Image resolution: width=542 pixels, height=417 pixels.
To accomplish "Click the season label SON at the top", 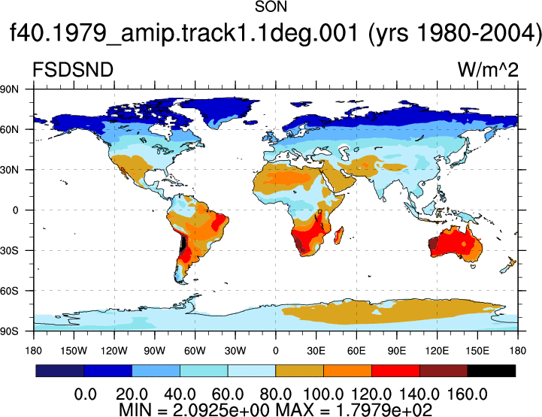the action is coord(271,7).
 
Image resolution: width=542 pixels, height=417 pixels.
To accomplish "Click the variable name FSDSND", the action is coord(73,70).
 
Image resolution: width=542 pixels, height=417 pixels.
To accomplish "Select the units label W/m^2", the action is coord(488,70).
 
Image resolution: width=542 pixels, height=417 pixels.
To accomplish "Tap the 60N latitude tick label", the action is coord(9,129).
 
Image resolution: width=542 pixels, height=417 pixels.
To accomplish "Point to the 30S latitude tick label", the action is coord(9,250).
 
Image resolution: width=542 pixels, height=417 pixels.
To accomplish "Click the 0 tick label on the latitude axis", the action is coord(15,210).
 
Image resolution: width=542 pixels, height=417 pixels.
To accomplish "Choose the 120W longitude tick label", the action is coord(114,351).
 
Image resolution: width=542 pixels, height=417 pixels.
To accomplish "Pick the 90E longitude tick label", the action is coord(396,351).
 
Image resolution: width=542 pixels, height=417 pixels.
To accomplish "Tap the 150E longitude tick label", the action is coord(477,351).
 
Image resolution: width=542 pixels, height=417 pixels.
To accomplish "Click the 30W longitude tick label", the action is coord(235,351).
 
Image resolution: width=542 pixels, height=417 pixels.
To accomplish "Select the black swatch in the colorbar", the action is coord(491,370).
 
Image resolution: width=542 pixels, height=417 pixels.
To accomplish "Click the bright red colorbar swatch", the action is coord(395,370).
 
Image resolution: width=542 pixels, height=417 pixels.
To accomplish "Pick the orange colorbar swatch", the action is coord(348,370).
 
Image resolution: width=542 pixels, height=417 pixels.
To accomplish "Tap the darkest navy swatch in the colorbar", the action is coord(60,370).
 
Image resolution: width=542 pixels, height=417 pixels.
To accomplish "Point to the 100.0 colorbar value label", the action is coord(323,394).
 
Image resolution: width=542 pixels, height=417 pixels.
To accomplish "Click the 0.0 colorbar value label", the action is coord(86,394).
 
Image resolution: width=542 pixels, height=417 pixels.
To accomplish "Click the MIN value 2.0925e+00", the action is coord(221,410).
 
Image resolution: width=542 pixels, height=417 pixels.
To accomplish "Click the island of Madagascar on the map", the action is coord(339,235).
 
